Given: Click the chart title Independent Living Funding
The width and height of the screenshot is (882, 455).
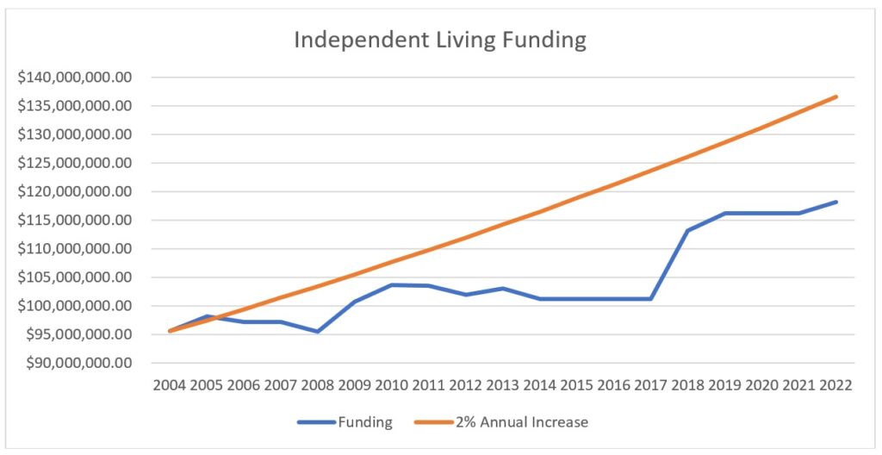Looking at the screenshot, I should click(440, 41).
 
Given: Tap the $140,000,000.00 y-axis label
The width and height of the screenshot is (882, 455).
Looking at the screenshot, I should click(75, 78).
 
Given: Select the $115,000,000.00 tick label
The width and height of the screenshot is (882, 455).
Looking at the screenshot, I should click(75, 221).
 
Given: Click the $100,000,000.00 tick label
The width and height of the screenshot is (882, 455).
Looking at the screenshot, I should click(75, 306).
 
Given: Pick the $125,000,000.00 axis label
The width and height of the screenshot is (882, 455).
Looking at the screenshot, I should click(75, 163).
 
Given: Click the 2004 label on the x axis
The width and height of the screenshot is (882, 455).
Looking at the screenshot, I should click(170, 385).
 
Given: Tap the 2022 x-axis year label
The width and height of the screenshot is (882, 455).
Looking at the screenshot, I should click(835, 385).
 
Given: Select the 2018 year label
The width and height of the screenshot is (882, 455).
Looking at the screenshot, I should click(687, 385).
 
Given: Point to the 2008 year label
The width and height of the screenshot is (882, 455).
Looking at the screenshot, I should click(318, 385).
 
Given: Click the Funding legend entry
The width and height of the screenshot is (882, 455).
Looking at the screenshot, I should click(345, 422).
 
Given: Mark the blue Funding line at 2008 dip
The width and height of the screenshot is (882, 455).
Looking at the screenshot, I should click(318, 331).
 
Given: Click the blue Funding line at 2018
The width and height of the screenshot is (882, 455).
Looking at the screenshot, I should click(687, 230).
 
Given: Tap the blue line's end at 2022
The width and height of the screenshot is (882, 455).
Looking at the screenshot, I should click(835, 202).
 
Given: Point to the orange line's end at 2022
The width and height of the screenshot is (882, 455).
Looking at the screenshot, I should click(835, 97).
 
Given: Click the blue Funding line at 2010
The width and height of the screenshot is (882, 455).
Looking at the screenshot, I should click(392, 284).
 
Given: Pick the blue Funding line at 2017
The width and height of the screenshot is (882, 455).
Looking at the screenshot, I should click(650, 299).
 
